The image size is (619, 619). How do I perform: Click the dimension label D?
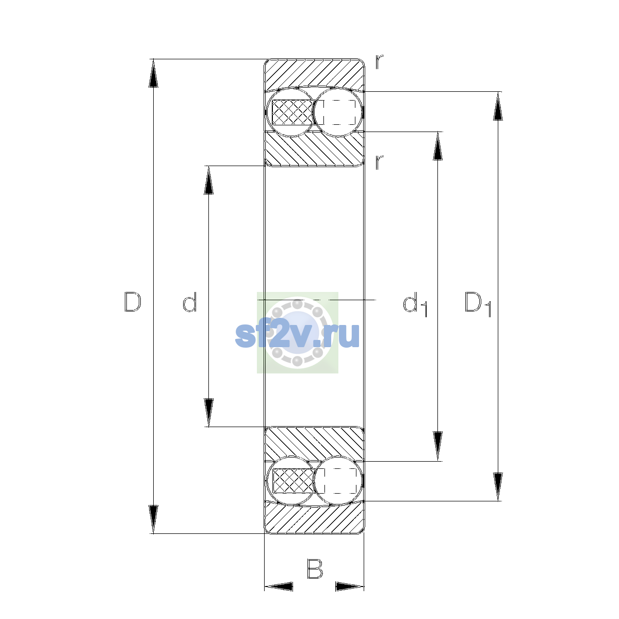point(133,302)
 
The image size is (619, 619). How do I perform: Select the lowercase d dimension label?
point(190,302)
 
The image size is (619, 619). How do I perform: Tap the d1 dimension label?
point(415,304)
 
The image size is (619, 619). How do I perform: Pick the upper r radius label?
point(379,62)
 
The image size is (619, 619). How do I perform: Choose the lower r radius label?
point(379,162)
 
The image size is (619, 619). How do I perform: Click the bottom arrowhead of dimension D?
point(153,519)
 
